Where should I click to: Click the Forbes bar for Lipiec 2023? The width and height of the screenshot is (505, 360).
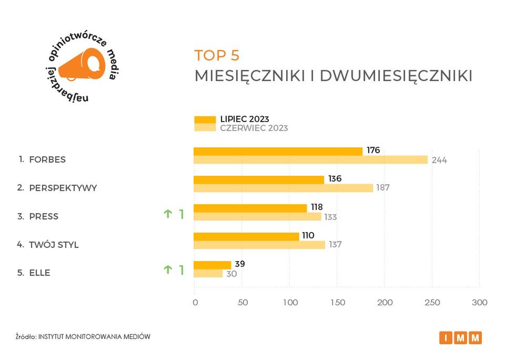(278, 151)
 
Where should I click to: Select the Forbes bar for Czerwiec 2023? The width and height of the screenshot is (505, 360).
(310, 159)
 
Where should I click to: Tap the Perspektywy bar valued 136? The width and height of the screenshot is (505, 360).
(259, 179)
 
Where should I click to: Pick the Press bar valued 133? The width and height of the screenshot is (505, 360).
(257, 216)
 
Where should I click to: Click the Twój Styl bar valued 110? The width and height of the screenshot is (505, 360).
(246, 236)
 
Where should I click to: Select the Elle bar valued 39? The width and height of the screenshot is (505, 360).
(213, 265)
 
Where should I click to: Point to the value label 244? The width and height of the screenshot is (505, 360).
(439, 160)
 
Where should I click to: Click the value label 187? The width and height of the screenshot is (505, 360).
(383, 188)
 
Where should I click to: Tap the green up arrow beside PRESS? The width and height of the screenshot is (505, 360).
(168, 214)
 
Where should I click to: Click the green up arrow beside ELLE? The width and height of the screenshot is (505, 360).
(168, 269)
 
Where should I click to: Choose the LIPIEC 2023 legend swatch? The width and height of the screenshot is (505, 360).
(205, 119)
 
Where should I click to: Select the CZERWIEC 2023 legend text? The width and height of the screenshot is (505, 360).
(254, 128)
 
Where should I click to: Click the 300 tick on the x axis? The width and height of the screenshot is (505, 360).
(480, 303)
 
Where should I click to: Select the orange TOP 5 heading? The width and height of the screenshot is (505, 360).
(217, 55)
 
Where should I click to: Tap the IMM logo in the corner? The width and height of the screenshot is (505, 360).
(460, 337)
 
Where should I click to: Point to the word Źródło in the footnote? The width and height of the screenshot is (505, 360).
(25, 336)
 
